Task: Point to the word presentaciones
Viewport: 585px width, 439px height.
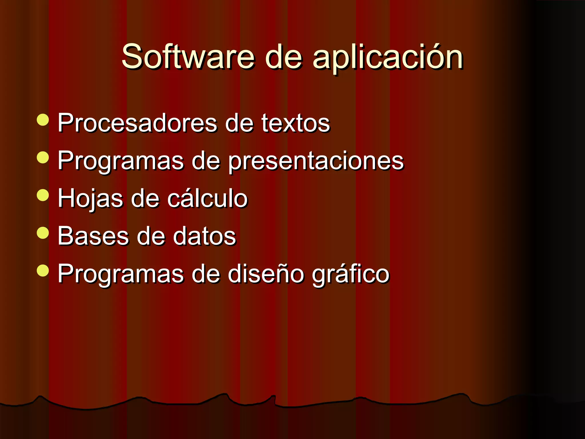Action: click(x=316, y=161)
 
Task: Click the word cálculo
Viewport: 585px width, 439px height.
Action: click(x=207, y=199)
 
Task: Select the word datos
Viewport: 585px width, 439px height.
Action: click(x=204, y=236)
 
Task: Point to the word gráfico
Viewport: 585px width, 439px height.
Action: click(x=350, y=274)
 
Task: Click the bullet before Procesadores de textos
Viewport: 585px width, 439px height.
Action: click(x=43, y=120)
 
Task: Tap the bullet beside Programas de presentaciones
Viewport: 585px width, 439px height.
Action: click(x=43, y=157)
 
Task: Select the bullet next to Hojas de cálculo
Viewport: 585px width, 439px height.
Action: click(x=43, y=195)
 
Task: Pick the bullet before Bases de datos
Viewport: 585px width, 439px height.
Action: click(x=43, y=233)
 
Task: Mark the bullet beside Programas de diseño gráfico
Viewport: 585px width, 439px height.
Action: click(x=43, y=270)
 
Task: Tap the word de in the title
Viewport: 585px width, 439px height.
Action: click(x=283, y=57)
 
